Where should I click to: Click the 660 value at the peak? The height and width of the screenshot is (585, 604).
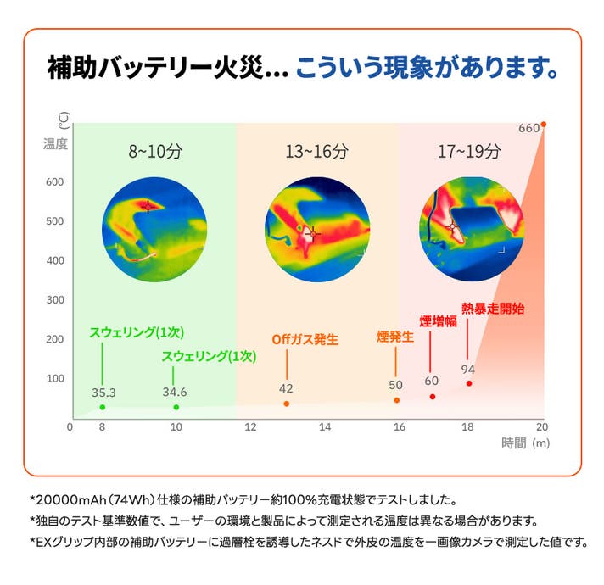tap(528, 128)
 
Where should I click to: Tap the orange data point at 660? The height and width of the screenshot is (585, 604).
tap(543, 124)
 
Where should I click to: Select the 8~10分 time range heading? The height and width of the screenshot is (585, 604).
tap(155, 153)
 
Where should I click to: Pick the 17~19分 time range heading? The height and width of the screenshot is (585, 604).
tap(469, 153)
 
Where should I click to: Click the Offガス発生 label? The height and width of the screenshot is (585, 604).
tap(305, 339)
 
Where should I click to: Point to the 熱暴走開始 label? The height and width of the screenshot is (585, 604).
tap(492, 307)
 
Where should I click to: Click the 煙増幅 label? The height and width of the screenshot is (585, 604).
tap(438, 320)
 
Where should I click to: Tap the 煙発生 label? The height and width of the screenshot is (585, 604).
tap(394, 337)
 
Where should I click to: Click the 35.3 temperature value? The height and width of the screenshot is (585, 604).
tap(103, 392)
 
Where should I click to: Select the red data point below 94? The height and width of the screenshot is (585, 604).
tap(468, 384)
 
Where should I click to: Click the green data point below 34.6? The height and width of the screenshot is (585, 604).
tap(176, 407)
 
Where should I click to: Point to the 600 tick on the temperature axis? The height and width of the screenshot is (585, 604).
tap(55, 182)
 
